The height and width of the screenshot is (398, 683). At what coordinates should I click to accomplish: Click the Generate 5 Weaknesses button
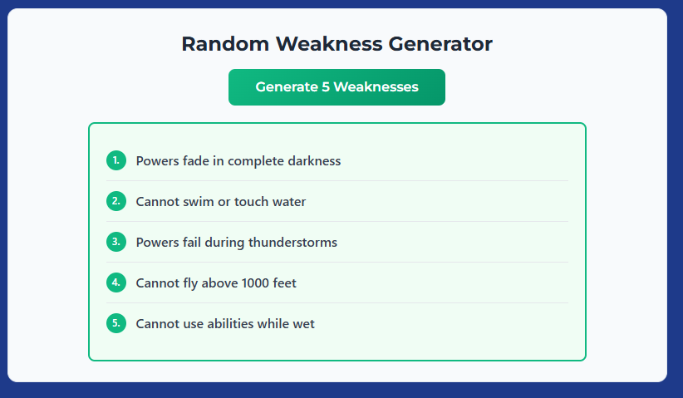[337, 87]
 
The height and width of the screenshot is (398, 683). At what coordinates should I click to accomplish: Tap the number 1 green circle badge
[116, 160]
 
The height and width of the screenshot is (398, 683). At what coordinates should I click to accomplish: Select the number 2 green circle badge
[116, 201]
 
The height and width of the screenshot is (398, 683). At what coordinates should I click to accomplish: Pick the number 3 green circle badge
[116, 242]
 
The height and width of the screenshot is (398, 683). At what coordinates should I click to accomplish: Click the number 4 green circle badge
[116, 283]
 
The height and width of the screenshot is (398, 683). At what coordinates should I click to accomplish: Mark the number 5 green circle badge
[116, 323]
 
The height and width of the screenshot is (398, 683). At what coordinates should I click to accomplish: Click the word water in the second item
[288, 201]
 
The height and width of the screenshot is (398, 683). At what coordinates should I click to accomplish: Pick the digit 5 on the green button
[325, 87]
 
